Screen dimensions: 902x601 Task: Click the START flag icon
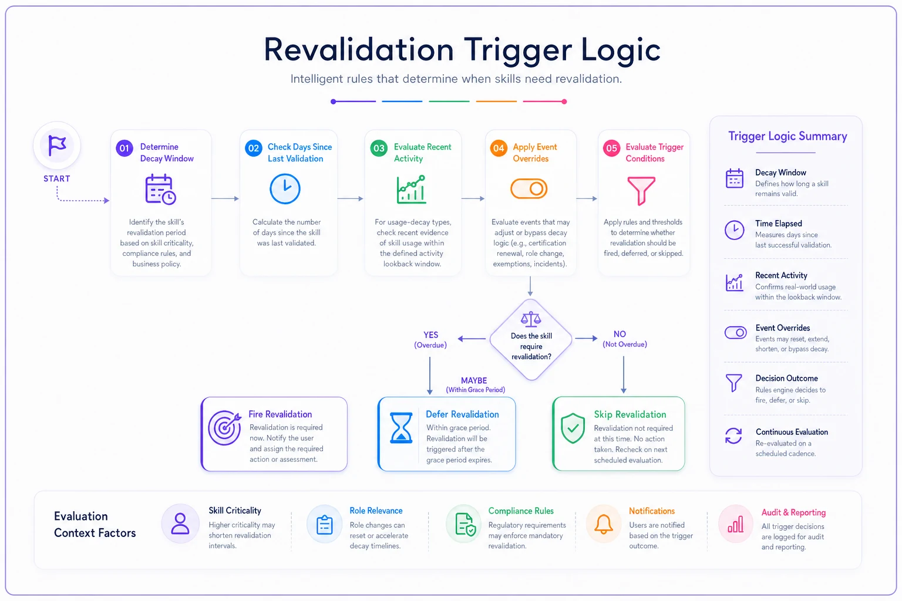click(x=57, y=145)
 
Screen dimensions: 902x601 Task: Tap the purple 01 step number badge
click(x=124, y=148)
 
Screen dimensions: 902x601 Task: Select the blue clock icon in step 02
click(x=285, y=188)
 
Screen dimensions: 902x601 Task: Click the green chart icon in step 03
click(x=411, y=189)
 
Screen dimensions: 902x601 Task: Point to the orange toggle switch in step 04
click(x=529, y=188)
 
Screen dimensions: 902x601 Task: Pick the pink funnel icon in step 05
click(x=641, y=191)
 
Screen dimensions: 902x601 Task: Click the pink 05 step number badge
click(x=611, y=148)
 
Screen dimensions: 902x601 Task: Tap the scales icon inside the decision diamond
click(x=531, y=319)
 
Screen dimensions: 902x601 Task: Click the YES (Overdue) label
click(x=430, y=340)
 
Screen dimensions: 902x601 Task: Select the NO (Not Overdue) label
click(x=625, y=339)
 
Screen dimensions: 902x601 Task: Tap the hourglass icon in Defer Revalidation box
click(x=401, y=427)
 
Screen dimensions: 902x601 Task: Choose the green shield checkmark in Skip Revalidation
click(x=573, y=428)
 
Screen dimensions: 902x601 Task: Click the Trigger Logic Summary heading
click(x=787, y=137)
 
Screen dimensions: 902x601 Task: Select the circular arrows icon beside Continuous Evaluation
click(x=733, y=435)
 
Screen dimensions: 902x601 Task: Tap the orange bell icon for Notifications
click(x=604, y=524)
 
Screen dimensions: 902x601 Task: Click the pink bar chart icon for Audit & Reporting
click(x=735, y=524)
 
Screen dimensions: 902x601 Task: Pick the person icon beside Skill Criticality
click(x=180, y=524)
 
